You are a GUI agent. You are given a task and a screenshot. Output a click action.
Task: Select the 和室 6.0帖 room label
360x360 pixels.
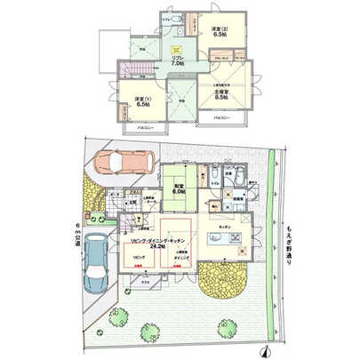point(177,188)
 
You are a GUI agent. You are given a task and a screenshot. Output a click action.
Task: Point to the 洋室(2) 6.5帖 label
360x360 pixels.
point(219,37)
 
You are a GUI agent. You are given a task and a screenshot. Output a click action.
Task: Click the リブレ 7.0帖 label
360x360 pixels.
point(178,61)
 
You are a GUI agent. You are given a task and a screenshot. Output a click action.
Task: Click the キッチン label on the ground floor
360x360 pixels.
point(223,226)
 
